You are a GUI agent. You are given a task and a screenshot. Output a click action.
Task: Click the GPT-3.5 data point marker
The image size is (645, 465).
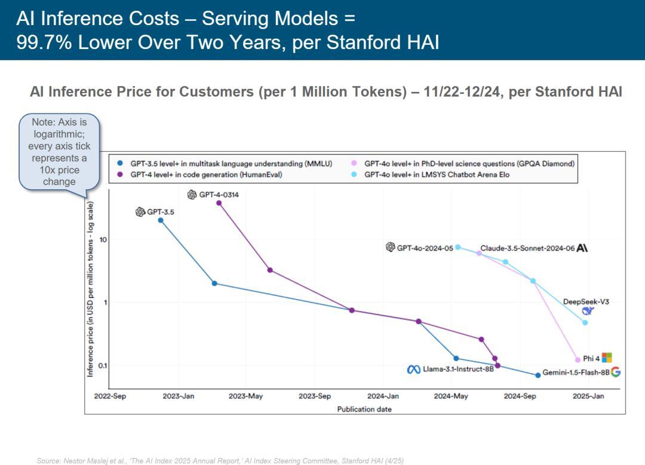(x=161, y=220)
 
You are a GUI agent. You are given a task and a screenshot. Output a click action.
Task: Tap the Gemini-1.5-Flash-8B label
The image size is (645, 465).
(x=576, y=372)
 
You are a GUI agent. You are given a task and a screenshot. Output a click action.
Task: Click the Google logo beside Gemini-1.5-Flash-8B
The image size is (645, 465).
(x=616, y=372)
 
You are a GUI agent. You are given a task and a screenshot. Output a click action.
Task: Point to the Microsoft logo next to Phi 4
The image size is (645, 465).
(x=607, y=358)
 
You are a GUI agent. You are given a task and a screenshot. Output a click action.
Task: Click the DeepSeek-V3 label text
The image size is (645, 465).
(x=586, y=302)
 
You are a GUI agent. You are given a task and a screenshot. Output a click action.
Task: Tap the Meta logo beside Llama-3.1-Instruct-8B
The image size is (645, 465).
(x=414, y=369)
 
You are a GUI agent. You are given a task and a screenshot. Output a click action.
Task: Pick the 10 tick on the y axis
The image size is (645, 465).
(x=103, y=240)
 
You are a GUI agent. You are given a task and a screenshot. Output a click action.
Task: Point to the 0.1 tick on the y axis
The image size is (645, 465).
(x=102, y=365)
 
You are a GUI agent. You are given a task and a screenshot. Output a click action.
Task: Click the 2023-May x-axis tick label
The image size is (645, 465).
(x=246, y=396)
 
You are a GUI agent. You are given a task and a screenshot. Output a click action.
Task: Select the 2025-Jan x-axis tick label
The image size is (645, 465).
(x=588, y=396)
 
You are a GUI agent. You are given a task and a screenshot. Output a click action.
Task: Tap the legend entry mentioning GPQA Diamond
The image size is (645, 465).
(x=469, y=163)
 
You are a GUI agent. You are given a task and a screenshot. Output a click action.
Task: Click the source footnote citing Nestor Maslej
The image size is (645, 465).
(x=220, y=461)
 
